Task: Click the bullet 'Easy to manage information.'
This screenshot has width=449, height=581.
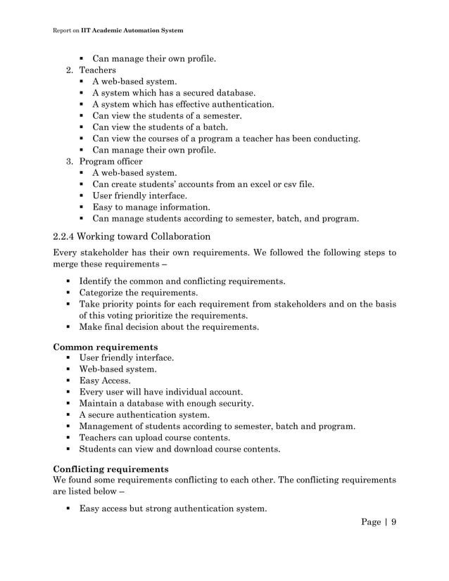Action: pyautogui.click(x=151, y=207)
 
